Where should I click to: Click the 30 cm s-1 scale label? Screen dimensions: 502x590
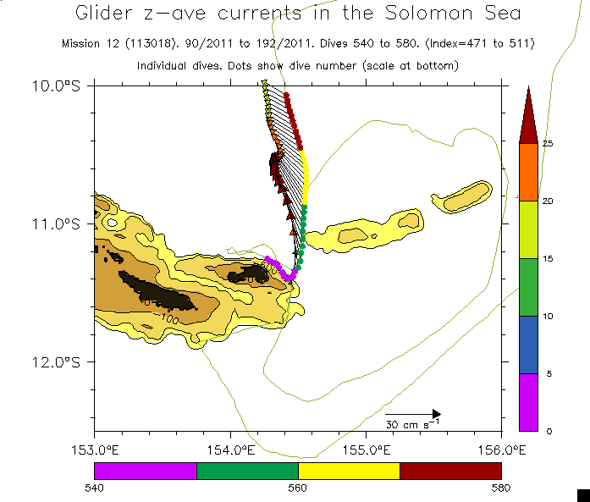click(412, 423)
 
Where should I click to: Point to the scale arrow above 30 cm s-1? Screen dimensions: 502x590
click(413, 413)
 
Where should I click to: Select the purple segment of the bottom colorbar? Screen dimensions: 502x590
click(145, 470)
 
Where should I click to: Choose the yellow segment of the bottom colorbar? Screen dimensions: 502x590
click(349, 470)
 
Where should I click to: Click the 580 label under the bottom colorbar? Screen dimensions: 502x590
click(501, 487)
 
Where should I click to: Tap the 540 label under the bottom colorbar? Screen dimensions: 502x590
click(94, 487)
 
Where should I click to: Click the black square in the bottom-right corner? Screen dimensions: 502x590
click(582, 494)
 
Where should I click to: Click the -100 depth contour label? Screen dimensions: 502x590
click(168, 318)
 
